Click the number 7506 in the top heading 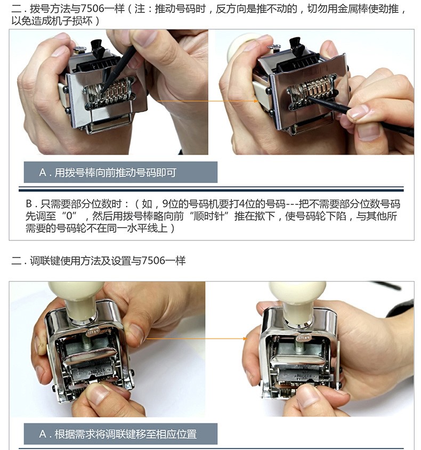pos(92,9)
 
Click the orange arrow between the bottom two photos pos(197,339)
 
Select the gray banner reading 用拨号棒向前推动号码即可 pos(120,172)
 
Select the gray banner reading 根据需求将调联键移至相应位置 pos(120,433)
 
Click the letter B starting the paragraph pos(29,204)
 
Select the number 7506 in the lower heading pos(153,261)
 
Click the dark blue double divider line pos(211,189)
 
